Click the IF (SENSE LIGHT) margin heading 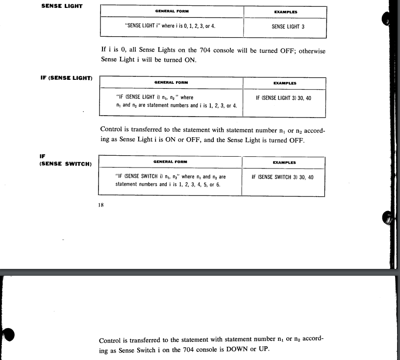(67, 78)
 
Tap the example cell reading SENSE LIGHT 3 (288, 27)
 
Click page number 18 (101, 206)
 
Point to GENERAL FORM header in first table (171, 10)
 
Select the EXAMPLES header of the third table (284, 162)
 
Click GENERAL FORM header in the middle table (171, 82)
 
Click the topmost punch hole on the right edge (387, 19)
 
